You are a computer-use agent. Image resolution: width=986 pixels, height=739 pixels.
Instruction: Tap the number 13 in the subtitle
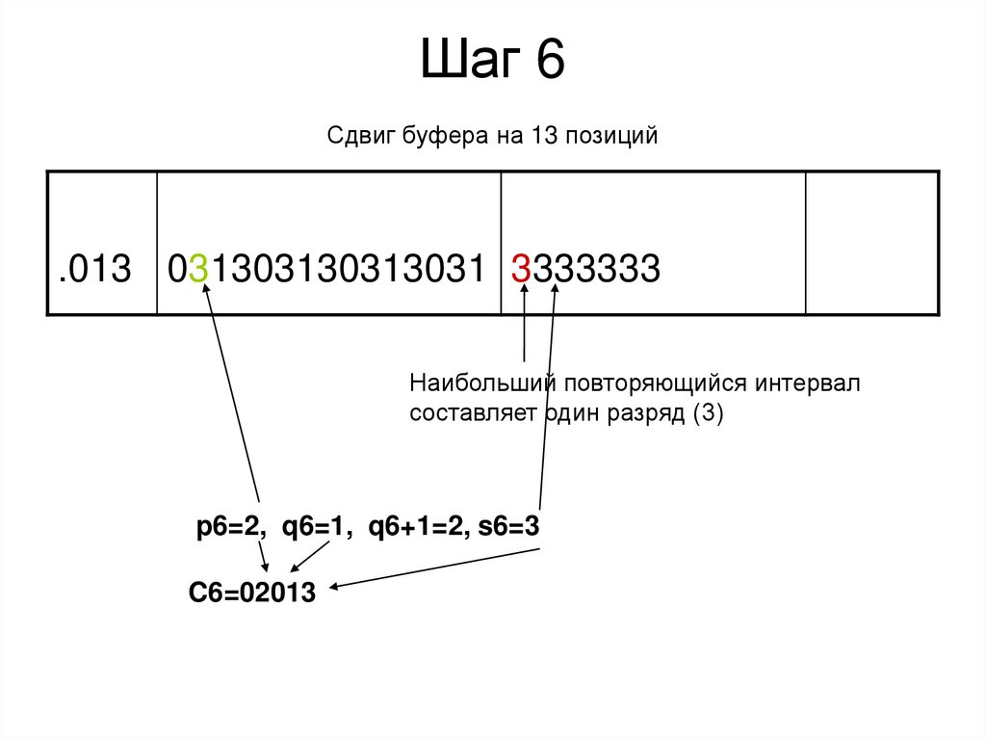pos(536,137)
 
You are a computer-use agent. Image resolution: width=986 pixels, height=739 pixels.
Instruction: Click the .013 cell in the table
pos(93,269)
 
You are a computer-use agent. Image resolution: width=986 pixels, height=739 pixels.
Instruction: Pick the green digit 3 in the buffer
pos(199,269)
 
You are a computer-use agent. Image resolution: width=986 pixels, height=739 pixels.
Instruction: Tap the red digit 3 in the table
pos(521,269)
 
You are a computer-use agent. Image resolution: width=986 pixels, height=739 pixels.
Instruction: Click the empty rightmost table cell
pos(871,243)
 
